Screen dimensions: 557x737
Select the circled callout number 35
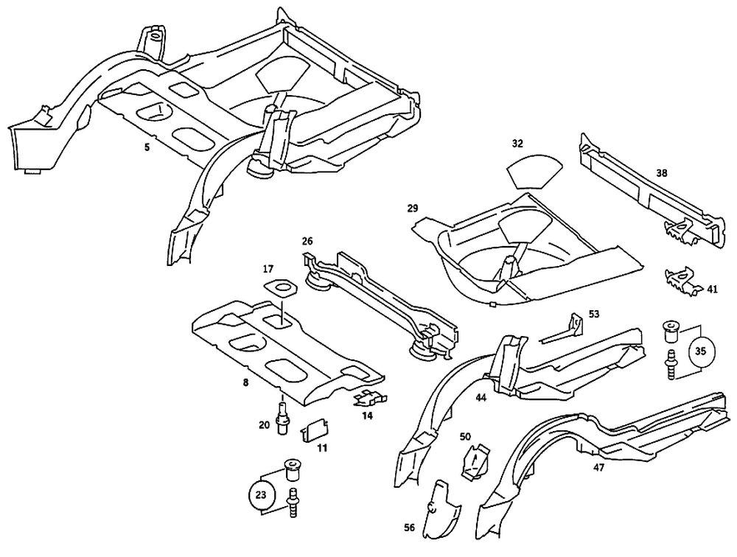(x=700, y=351)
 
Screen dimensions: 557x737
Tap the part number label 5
(x=147, y=147)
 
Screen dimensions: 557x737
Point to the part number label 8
(x=245, y=382)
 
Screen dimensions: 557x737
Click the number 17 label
(x=268, y=269)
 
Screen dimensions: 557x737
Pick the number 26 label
(x=307, y=240)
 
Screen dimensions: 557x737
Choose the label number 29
(x=413, y=209)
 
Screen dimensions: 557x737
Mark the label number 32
(x=517, y=143)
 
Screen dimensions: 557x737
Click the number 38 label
(x=662, y=174)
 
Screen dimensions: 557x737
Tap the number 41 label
(x=712, y=290)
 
